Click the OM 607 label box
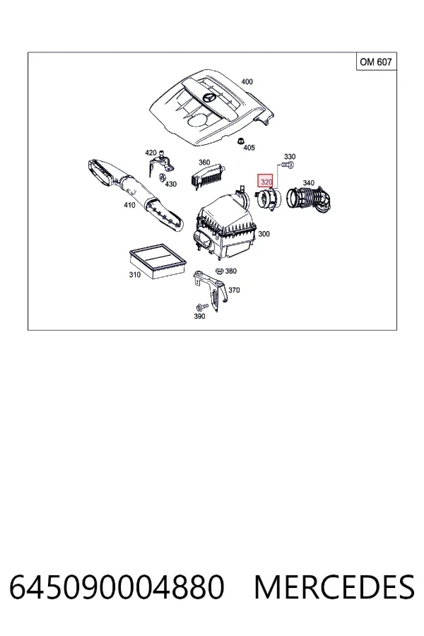click(376, 61)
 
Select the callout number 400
click(247, 82)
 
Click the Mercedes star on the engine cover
click(209, 98)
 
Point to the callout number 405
click(249, 148)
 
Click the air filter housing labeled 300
click(225, 226)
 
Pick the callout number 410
click(129, 205)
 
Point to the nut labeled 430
click(162, 177)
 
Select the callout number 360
click(204, 163)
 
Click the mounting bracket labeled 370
click(211, 289)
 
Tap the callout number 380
click(230, 271)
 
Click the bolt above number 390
click(201, 307)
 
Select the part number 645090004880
click(117, 587)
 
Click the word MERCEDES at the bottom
click(334, 587)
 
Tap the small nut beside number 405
click(240, 141)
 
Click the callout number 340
click(308, 183)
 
